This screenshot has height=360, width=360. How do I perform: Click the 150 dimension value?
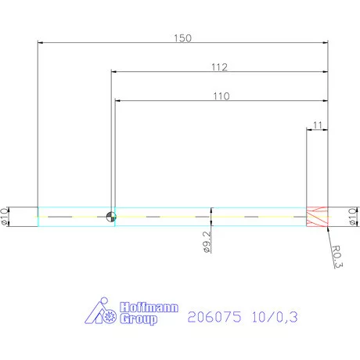(x=182, y=37)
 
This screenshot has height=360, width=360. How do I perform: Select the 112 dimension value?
(x=220, y=67)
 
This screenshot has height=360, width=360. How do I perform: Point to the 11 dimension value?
(x=316, y=124)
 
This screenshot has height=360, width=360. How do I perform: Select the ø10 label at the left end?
(x=6, y=217)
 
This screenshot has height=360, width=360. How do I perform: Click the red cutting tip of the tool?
(x=316, y=217)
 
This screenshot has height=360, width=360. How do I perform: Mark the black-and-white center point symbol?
(x=110, y=217)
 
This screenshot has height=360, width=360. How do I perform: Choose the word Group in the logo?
(x=139, y=319)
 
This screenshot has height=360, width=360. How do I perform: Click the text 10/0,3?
(x=274, y=317)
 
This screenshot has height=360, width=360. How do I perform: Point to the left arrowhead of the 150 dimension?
(x=41, y=42)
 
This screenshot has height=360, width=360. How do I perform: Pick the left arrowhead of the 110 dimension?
(x=118, y=101)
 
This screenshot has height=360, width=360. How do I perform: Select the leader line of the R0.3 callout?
(x=331, y=234)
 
